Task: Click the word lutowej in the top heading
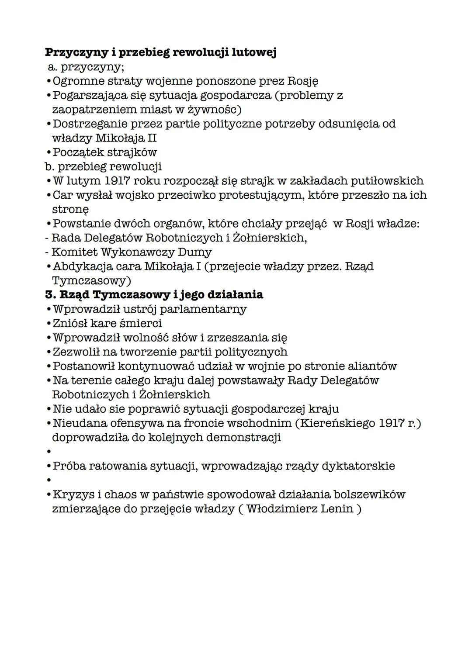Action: tap(253, 52)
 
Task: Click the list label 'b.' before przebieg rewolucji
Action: tap(49, 166)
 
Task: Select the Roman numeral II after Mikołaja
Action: tap(151, 138)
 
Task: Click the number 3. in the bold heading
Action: tap(50, 295)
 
